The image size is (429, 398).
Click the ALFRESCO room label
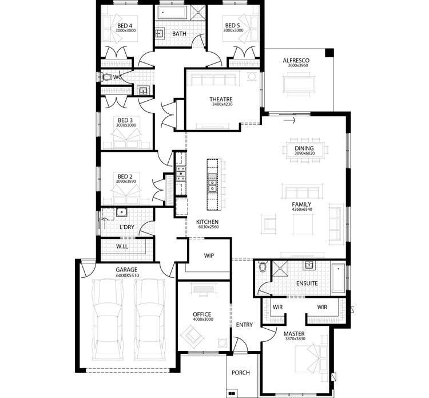(296, 60)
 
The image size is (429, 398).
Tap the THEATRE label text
(220, 99)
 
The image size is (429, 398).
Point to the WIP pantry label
(208, 256)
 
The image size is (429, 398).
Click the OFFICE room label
(202, 314)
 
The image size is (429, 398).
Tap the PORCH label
(240, 373)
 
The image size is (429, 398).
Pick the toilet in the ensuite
(263, 266)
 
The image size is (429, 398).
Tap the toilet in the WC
(107, 76)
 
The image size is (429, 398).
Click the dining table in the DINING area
(304, 151)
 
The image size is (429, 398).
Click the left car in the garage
(108, 318)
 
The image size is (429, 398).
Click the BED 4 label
(125, 26)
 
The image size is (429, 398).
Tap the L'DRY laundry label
(126, 227)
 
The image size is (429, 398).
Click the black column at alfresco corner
(329, 53)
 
